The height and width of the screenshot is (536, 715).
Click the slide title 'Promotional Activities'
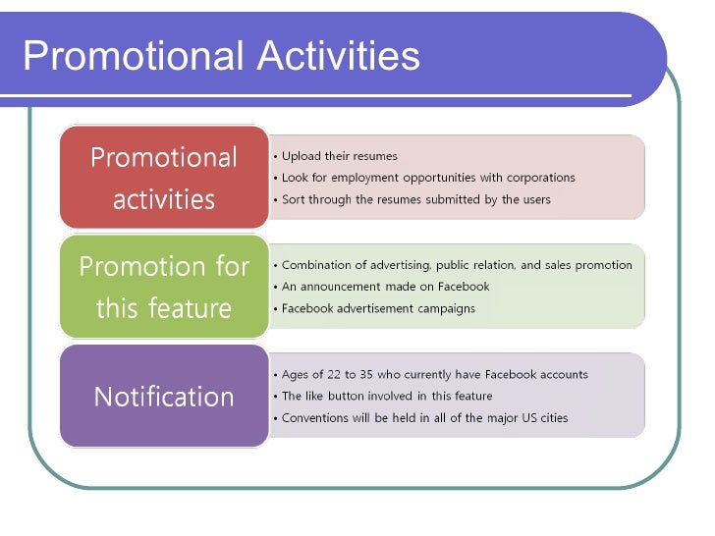pyautogui.click(x=221, y=57)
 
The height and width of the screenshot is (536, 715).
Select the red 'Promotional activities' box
pyautogui.click(x=164, y=178)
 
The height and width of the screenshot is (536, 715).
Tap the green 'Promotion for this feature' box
pyautogui.click(x=164, y=287)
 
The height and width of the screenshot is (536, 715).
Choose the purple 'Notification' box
pyautogui.click(x=164, y=397)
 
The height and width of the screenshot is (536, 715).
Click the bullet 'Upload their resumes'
pyautogui.click(x=339, y=156)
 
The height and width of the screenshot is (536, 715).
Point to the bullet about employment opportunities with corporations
pyautogui.click(x=428, y=178)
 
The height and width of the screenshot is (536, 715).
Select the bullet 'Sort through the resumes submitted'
pyautogui.click(x=416, y=199)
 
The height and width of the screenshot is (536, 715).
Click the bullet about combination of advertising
pyautogui.click(x=457, y=265)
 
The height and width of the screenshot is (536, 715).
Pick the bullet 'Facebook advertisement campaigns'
pyautogui.click(x=378, y=308)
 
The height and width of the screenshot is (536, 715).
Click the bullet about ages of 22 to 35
pyautogui.click(x=434, y=374)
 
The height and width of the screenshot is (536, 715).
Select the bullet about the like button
pyautogui.click(x=387, y=396)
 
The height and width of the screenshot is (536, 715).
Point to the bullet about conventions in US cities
pyautogui.click(x=424, y=417)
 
